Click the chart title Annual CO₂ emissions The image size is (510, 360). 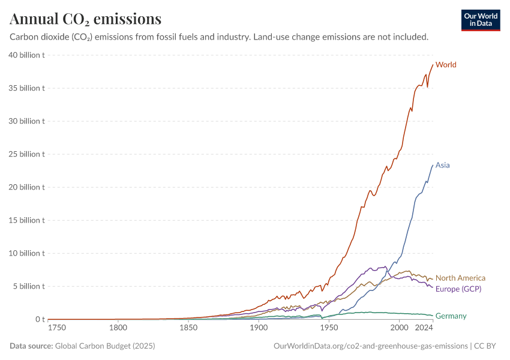(85, 19)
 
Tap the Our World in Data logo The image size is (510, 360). (481, 20)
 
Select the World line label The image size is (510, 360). (446, 64)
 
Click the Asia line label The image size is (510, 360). (443, 165)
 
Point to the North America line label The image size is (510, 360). (460, 278)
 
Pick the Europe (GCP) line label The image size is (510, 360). (458, 289)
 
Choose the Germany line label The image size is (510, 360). (451, 316)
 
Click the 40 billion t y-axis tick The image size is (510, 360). (27, 55)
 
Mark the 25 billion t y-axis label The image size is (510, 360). (27, 154)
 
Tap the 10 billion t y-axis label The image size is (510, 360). (27, 253)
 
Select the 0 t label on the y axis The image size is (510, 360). (40, 319)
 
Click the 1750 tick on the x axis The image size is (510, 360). (58, 328)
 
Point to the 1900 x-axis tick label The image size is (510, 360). (259, 328)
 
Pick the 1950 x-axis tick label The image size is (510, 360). (329, 328)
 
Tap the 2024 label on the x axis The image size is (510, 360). (424, 328)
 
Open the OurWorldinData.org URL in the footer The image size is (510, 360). (370, 346)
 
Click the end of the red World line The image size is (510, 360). (433, 65)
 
